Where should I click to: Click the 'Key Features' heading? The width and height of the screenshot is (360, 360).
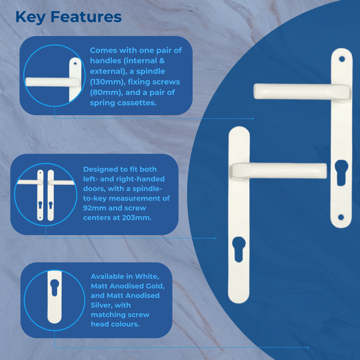pos(68,17)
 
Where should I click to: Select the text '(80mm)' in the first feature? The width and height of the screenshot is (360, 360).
pos(105,93)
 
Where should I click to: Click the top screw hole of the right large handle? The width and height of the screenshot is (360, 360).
pos(341,58)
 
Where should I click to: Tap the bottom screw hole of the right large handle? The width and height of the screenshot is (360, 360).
pos(341,217)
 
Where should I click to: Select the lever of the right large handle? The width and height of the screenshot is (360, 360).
pos(297,90)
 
